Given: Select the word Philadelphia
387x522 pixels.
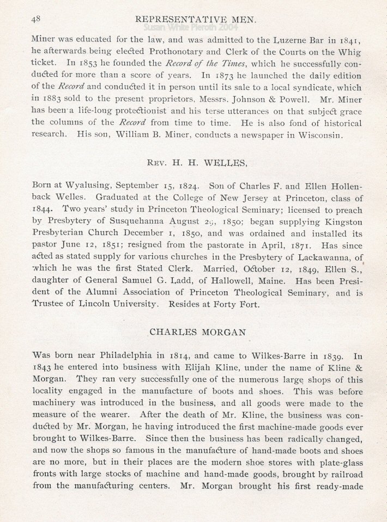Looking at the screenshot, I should point(135,355).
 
